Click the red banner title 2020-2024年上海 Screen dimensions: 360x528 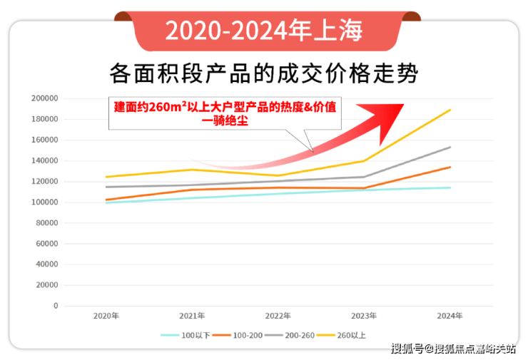tap(263, 30)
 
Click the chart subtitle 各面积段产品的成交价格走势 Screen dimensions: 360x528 tap(263, 73)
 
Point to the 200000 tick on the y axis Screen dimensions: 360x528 tap(45, 98)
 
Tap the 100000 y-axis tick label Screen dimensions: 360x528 tap(45, 202)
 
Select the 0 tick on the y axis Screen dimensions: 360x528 tap(55, 306)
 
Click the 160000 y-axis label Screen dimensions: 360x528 tap(45, 140)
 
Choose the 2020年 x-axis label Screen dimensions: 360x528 tap(106, 316)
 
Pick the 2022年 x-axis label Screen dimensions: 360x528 tap(278, 316)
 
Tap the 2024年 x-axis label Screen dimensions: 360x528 tap(450, 316)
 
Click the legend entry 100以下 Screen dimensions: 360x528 tap(186, 334)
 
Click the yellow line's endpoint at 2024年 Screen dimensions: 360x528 tap(450, 110)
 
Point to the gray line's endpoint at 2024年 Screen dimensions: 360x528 tap(450, 148)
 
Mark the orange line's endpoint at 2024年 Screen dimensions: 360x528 tap(450, 168)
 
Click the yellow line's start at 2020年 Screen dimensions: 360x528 tap(106, 177)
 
